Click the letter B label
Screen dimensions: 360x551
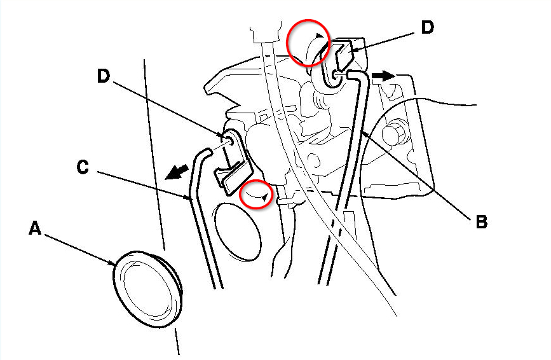481,222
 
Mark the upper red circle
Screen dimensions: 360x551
308,41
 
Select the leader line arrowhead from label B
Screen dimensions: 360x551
362,132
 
